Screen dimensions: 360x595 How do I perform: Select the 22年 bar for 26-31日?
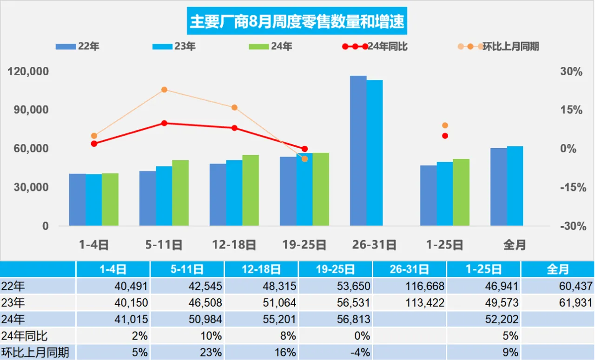tap(358, 151)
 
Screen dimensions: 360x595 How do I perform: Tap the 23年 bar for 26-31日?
tap(375, 153)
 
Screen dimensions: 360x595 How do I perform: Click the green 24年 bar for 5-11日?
tap(180, 193)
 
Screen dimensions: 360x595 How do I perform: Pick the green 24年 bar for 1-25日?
tap(461, 192)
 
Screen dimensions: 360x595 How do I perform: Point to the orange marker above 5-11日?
tap(164, 90)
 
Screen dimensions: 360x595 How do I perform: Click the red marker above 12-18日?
tap(234, 128)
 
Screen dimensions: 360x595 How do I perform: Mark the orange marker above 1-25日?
tap(445, 125)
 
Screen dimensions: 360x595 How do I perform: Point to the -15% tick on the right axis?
tap(571, 187)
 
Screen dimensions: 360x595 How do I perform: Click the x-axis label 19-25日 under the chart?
tap(304, 245)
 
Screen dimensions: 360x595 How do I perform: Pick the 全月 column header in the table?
tap(557, 269)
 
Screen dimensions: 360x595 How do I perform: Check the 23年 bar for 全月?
tap(515, 186)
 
